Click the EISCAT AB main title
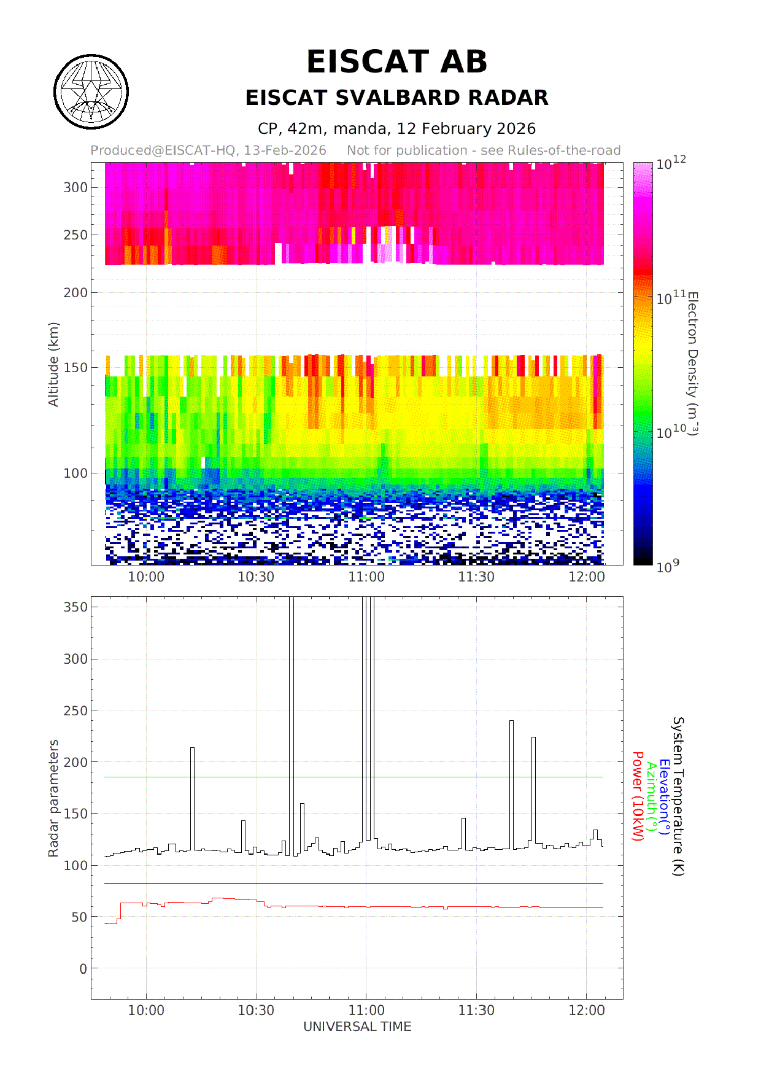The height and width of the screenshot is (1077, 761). point(396,62)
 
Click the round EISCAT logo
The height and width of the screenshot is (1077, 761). point(91,92)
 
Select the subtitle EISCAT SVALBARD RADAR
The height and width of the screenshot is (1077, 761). point(396,98)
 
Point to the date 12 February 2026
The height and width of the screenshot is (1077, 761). point(466,129)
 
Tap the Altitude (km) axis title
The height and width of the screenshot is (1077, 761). point(53,364)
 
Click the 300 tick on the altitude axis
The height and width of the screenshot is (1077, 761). point(75,188)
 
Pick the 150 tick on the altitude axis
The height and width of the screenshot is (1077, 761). point(75,368)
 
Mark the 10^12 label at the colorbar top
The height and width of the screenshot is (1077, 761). point(671,163)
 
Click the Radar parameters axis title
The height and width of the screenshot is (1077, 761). point(53,798)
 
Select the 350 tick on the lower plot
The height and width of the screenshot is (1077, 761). point(75,607)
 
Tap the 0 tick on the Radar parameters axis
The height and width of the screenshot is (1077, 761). point(83,969)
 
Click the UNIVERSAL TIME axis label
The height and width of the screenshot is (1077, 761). point(357,1027)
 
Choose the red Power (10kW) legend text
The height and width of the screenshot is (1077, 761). point(638,796)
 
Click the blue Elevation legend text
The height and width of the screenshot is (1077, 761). point(664,796)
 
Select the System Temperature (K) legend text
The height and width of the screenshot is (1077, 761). point(678,796)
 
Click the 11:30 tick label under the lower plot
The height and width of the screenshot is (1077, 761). point(476,1011)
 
